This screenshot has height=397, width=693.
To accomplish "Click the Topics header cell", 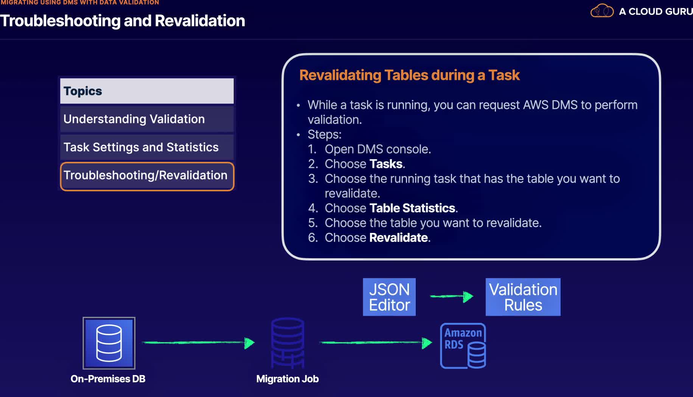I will [x=147, y=91].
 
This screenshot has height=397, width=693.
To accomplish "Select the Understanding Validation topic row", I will [x=147, y=119].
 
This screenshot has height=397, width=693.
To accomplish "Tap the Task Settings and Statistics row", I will [x=147, y=147].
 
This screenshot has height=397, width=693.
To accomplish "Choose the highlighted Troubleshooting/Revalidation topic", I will [x=147, y=176].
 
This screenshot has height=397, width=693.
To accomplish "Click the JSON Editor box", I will [x=389, y=297].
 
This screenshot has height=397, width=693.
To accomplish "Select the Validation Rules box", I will [x=523, y=297].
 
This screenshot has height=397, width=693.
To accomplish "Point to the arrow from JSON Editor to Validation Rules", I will [x=451, y=296].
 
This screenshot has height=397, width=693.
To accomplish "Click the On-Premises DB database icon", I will [x=109, y=343].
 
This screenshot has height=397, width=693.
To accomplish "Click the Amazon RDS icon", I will [x=463, y=346].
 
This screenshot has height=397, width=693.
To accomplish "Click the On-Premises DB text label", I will [x=108, y=379].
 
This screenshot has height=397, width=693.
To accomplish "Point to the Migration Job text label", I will [x=287, y=379].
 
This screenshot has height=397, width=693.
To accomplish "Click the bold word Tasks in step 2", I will [x=386, y=164].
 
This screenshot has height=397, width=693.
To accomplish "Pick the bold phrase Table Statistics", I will [x=412, y=208].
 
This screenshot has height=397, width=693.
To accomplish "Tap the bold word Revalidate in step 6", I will [x=399, y=238].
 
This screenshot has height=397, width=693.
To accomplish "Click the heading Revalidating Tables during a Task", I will [x=409, y=75].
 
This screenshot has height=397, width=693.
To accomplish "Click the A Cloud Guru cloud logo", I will [x=602, y=11].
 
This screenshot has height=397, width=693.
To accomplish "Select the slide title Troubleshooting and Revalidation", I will [x=123, y=21].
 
